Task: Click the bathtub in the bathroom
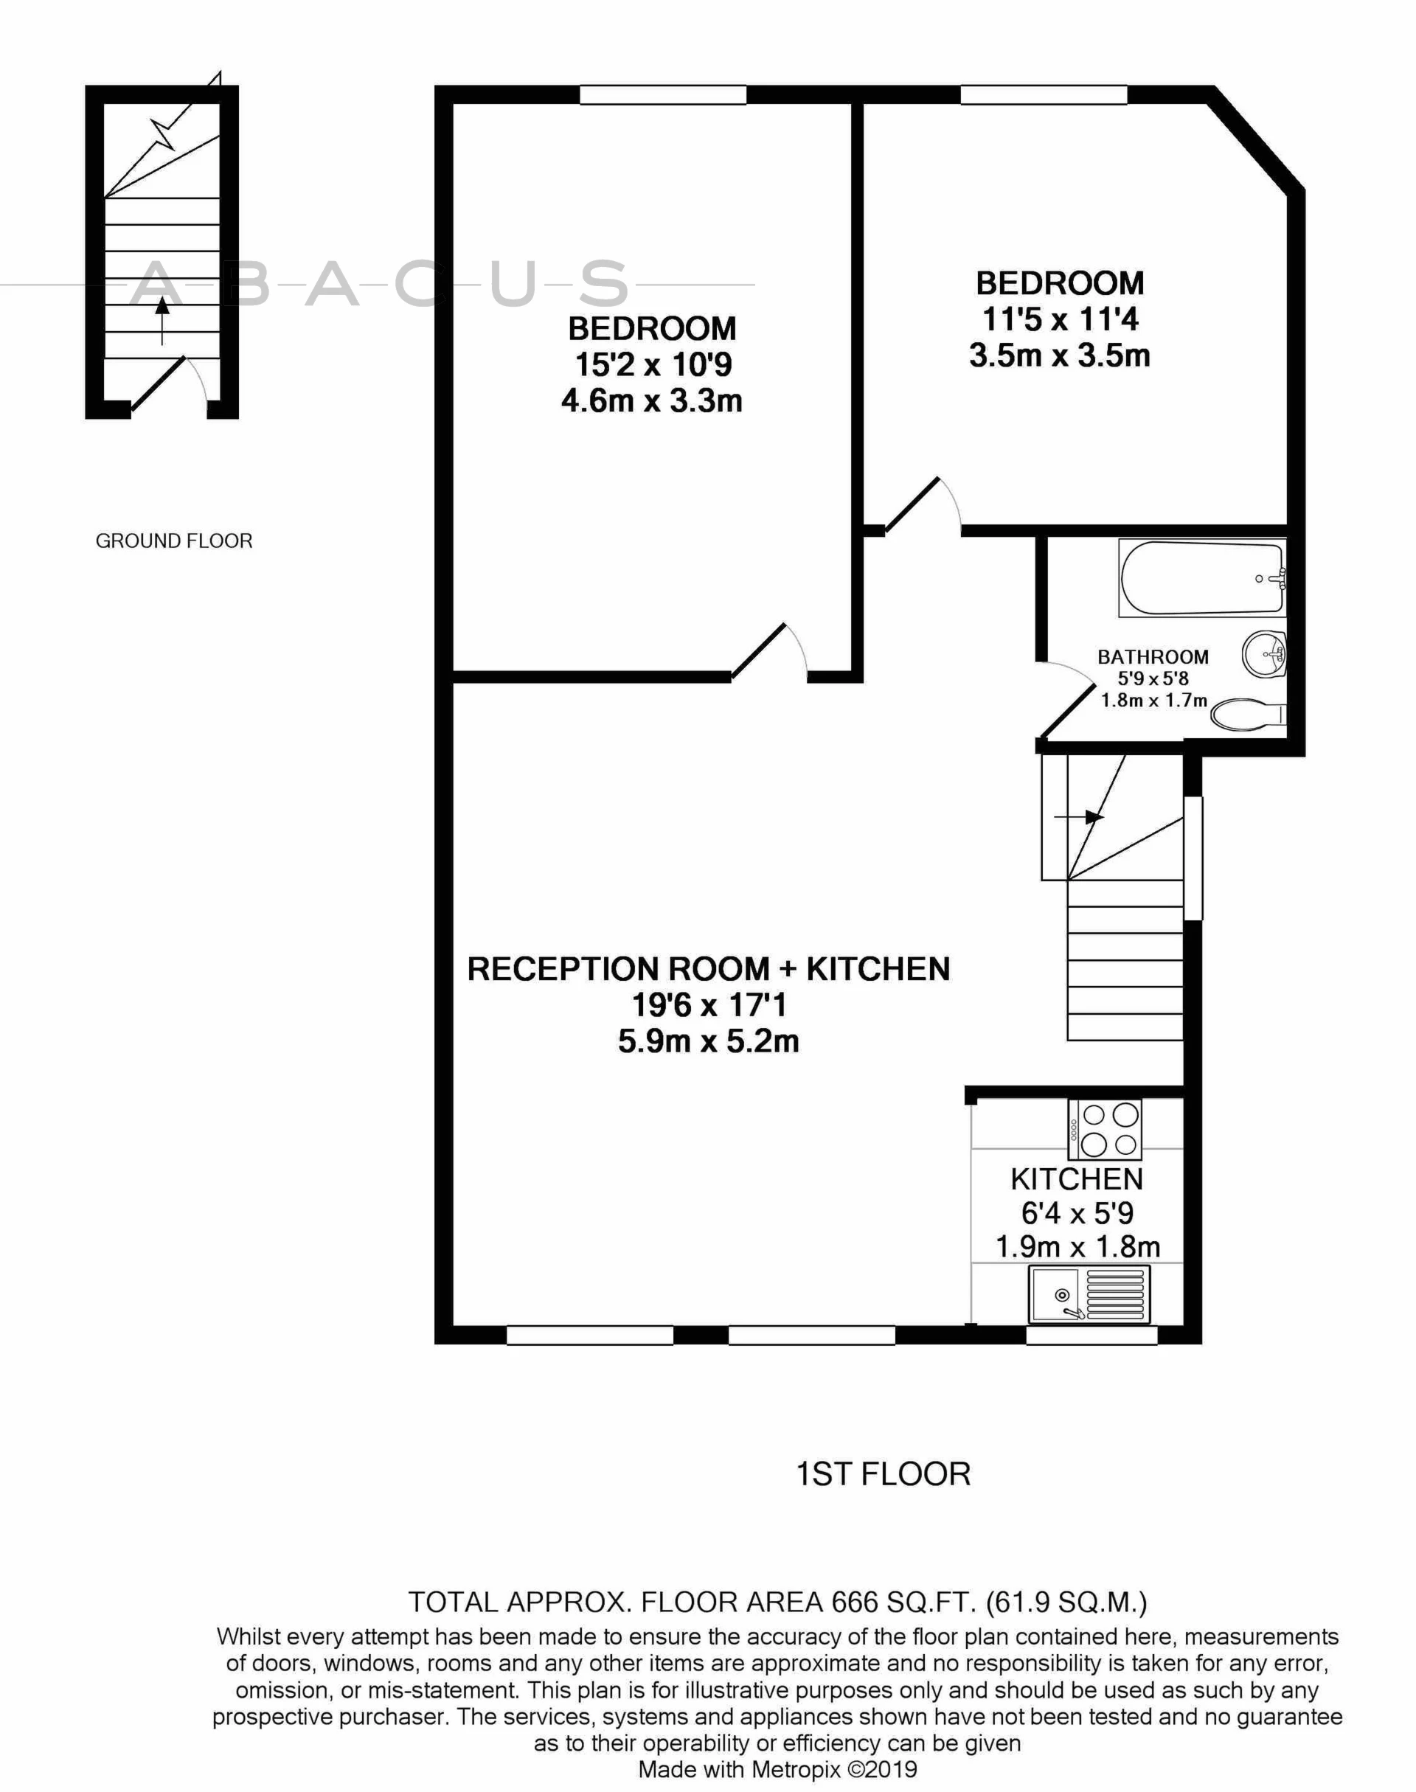click(1201, 577)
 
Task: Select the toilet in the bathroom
click(1249, 715)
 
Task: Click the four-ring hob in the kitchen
click(1104, 1130)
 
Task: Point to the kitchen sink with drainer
click(1089, 1294)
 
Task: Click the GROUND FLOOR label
click(174, 541)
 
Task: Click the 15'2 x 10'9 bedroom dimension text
click(653, 365)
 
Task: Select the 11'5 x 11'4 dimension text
click(1061, 319)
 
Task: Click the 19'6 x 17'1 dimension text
click(709, 1005)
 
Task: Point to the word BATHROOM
click(1153, 657)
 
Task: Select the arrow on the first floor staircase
click(1078, 817)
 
